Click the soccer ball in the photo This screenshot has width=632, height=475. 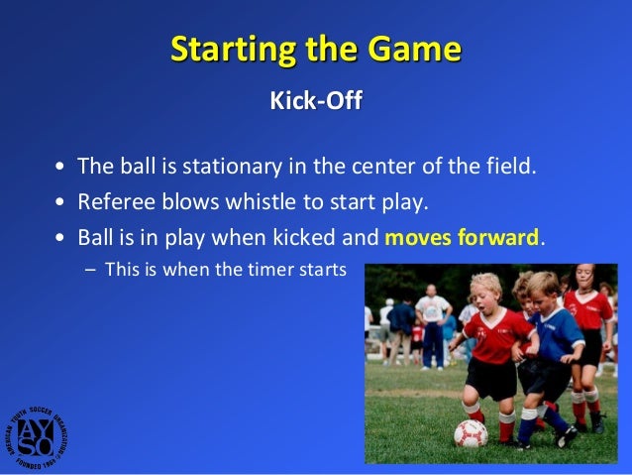click(x=471, y=433)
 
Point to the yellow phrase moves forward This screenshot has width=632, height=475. click(x=463, y=238)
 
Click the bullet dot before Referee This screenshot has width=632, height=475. click(x=61, y=203)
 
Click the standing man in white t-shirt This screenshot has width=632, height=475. click(x=432, y=317)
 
